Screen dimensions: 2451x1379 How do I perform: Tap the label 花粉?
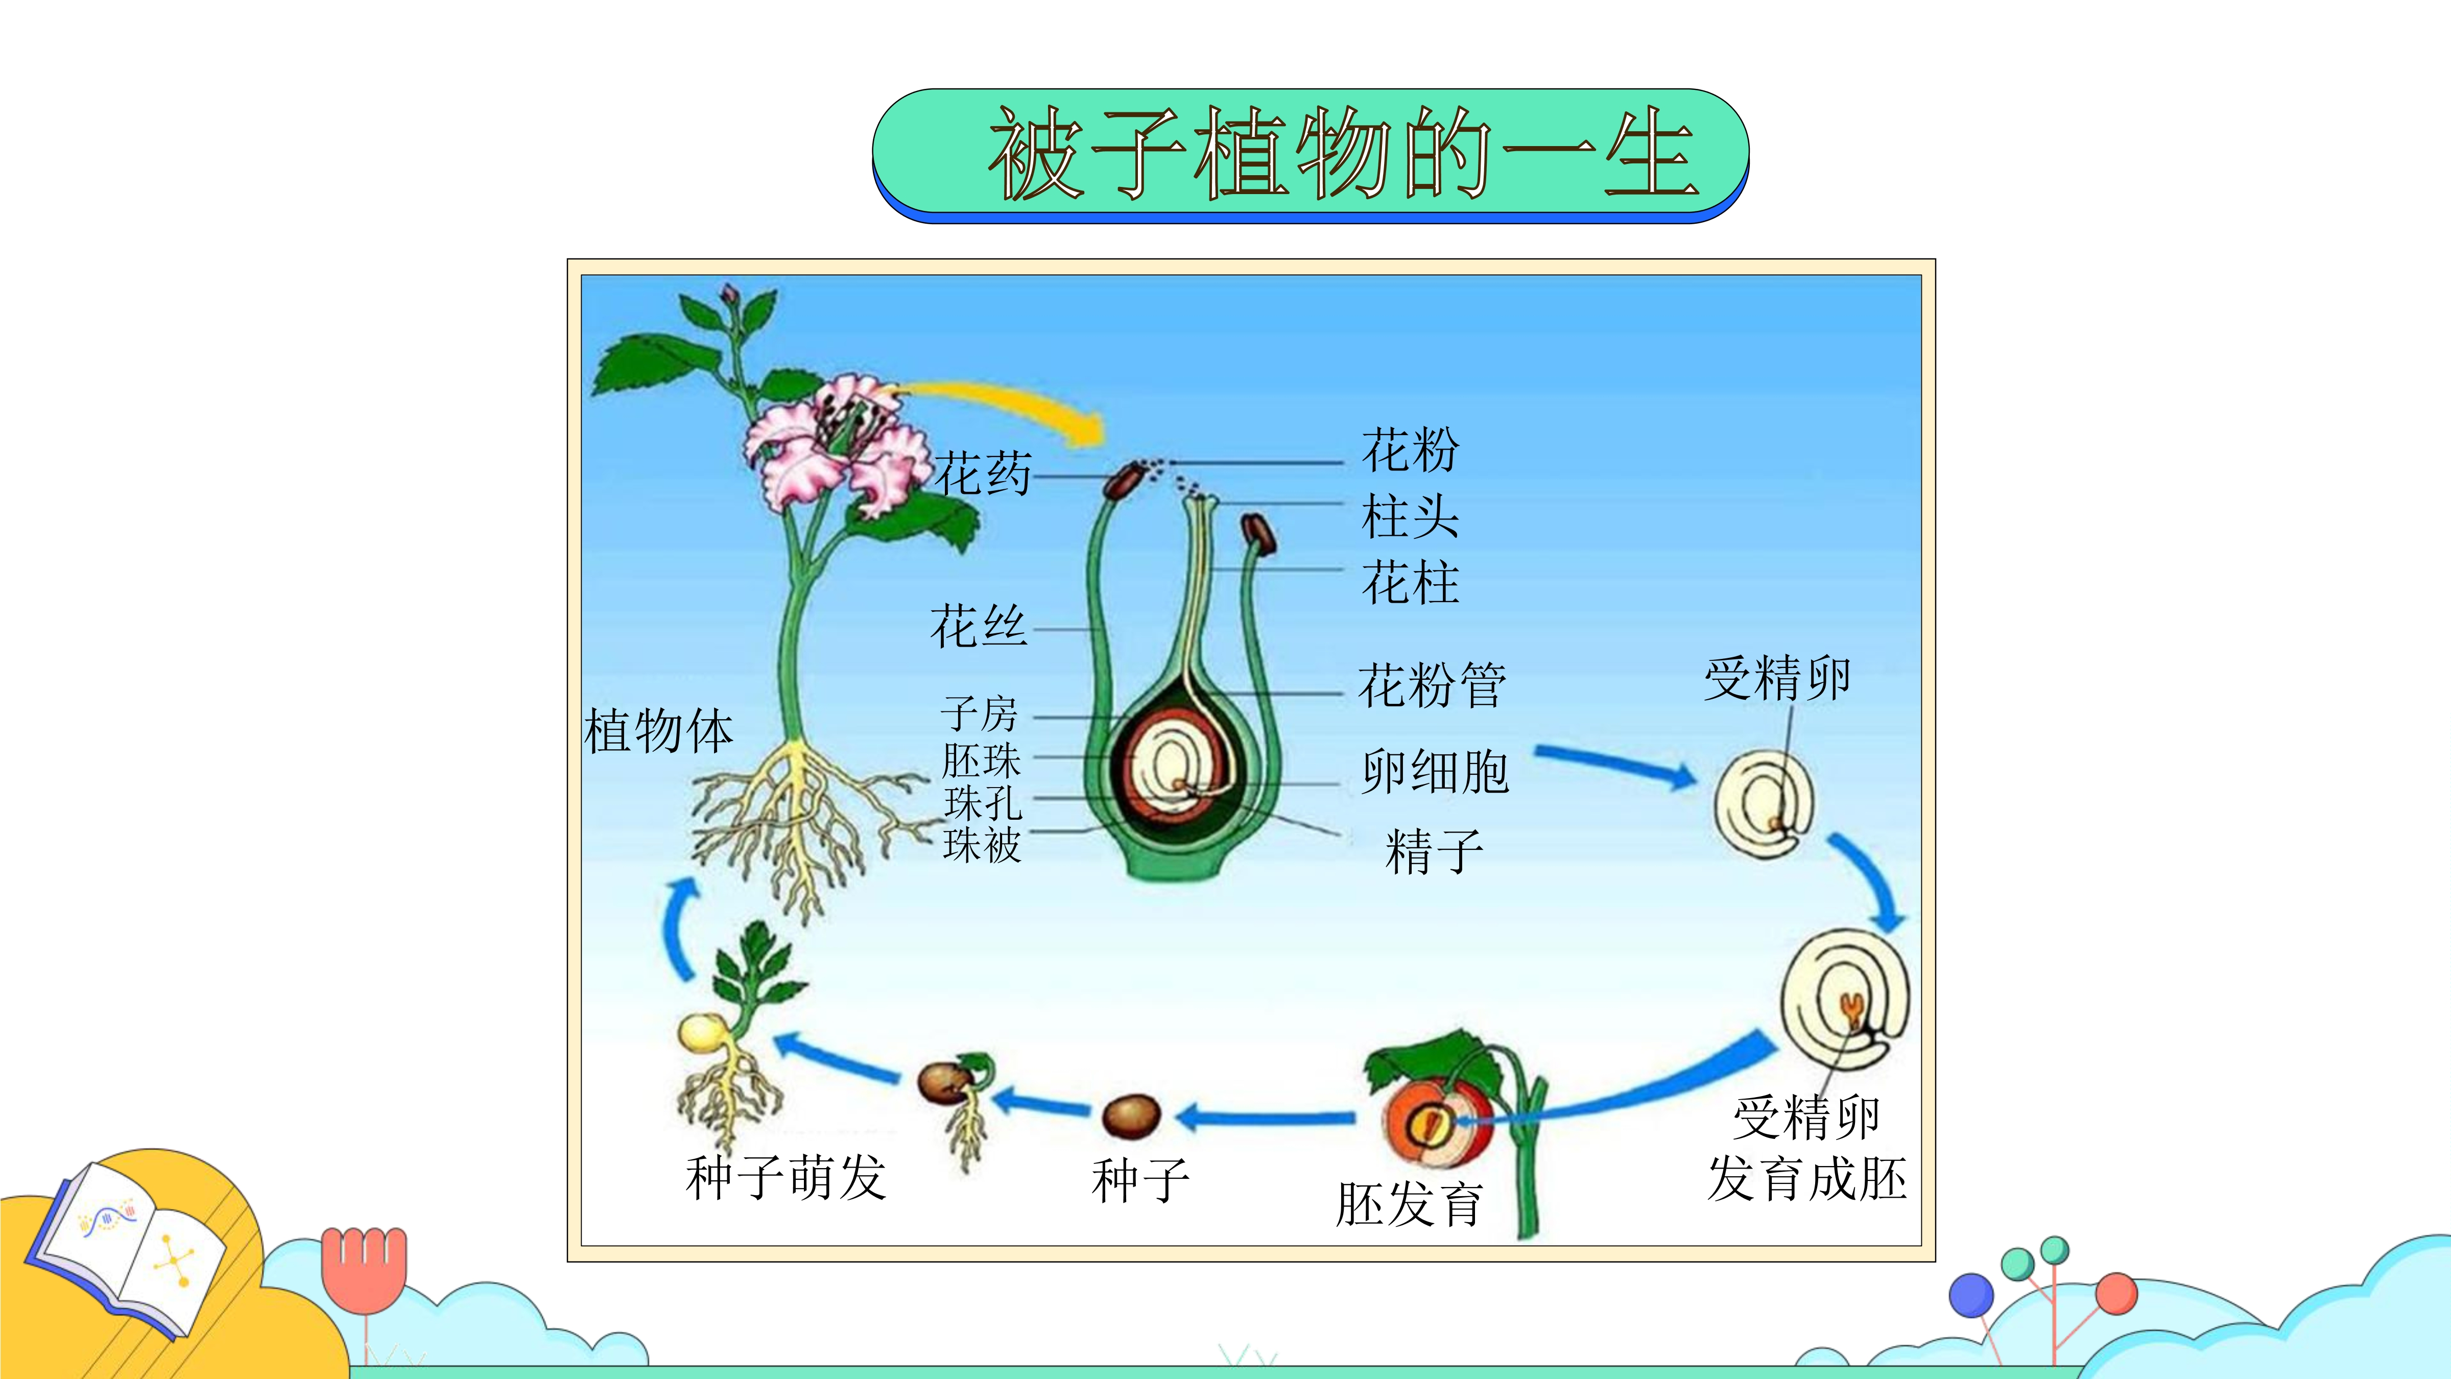point(1410,450)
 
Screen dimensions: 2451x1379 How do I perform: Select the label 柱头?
point(1410,517)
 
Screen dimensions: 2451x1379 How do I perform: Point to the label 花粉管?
point(1432,685)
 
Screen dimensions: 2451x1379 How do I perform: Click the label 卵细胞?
point(1435,771)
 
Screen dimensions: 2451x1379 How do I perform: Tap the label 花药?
point(983,473)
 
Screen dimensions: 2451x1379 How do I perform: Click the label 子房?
point(980,714)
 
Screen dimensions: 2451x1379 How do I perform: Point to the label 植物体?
point(658,731)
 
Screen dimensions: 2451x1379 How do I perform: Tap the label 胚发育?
point(1409,1204)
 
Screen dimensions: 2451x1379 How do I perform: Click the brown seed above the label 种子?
point(1131,1115)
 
